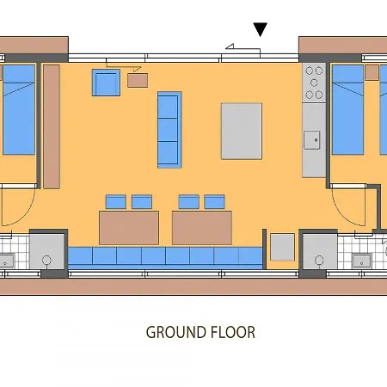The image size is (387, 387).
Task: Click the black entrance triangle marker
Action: pos(260,31)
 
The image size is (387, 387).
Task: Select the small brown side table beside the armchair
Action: pos(138,80)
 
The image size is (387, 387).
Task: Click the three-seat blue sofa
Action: pos(169,129)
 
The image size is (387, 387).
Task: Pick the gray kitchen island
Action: pos(242,131)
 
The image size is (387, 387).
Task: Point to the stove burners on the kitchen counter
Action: pos(314,82)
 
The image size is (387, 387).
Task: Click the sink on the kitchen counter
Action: pos(312,138)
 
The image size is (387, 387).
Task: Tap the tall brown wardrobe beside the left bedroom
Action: pos(52,126)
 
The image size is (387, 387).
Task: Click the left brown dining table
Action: pos(128,228)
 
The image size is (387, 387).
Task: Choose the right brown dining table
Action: pos(202,228)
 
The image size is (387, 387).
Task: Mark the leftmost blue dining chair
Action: pos(115,202)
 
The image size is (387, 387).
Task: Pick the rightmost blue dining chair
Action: pos(214,202)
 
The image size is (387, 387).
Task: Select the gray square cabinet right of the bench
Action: pos(282,247)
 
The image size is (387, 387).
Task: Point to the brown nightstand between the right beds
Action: pos(372,74)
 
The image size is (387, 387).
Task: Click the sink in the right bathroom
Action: pos(361,259)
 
